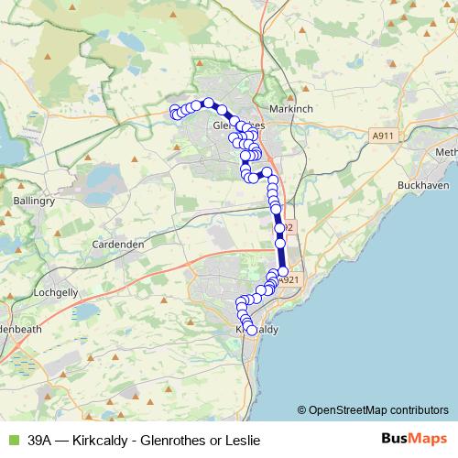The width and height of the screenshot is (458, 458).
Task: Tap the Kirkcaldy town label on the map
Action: (x=258, y=328)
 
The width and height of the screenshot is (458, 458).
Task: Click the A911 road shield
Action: (x=384, y=136)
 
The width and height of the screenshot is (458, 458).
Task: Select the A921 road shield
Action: (x=289, y=280)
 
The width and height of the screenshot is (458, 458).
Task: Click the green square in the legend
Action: (x=12, y=441)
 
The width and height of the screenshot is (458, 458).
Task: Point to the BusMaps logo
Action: (x=408, y=440)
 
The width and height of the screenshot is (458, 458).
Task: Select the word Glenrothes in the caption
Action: (x=176, y=441)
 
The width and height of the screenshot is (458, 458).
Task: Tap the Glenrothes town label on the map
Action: (x=237, y=125)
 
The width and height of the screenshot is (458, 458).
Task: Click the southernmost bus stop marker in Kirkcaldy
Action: (x=252, y=330)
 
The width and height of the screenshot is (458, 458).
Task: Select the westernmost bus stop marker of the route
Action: (x=174, y=112)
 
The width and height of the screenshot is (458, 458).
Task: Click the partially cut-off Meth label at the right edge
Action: (x=446, y=151)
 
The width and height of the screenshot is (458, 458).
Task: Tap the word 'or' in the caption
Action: (x=216, y=441)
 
